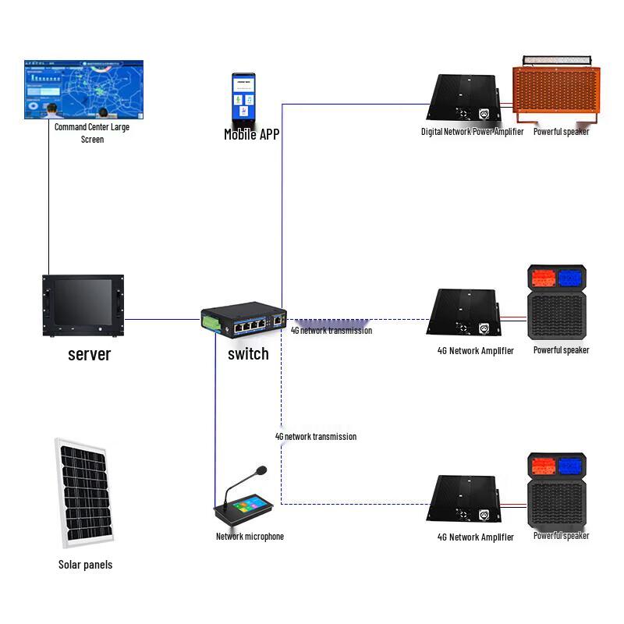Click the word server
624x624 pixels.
coord(90,355)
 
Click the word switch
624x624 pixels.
coord(248,354)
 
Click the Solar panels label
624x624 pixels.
coord(85,565)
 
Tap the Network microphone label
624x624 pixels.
coord(250,537)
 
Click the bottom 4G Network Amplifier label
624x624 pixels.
coord(476,537)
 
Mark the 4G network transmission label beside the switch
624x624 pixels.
coord(331,331)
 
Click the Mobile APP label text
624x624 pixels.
coord(251,134)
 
